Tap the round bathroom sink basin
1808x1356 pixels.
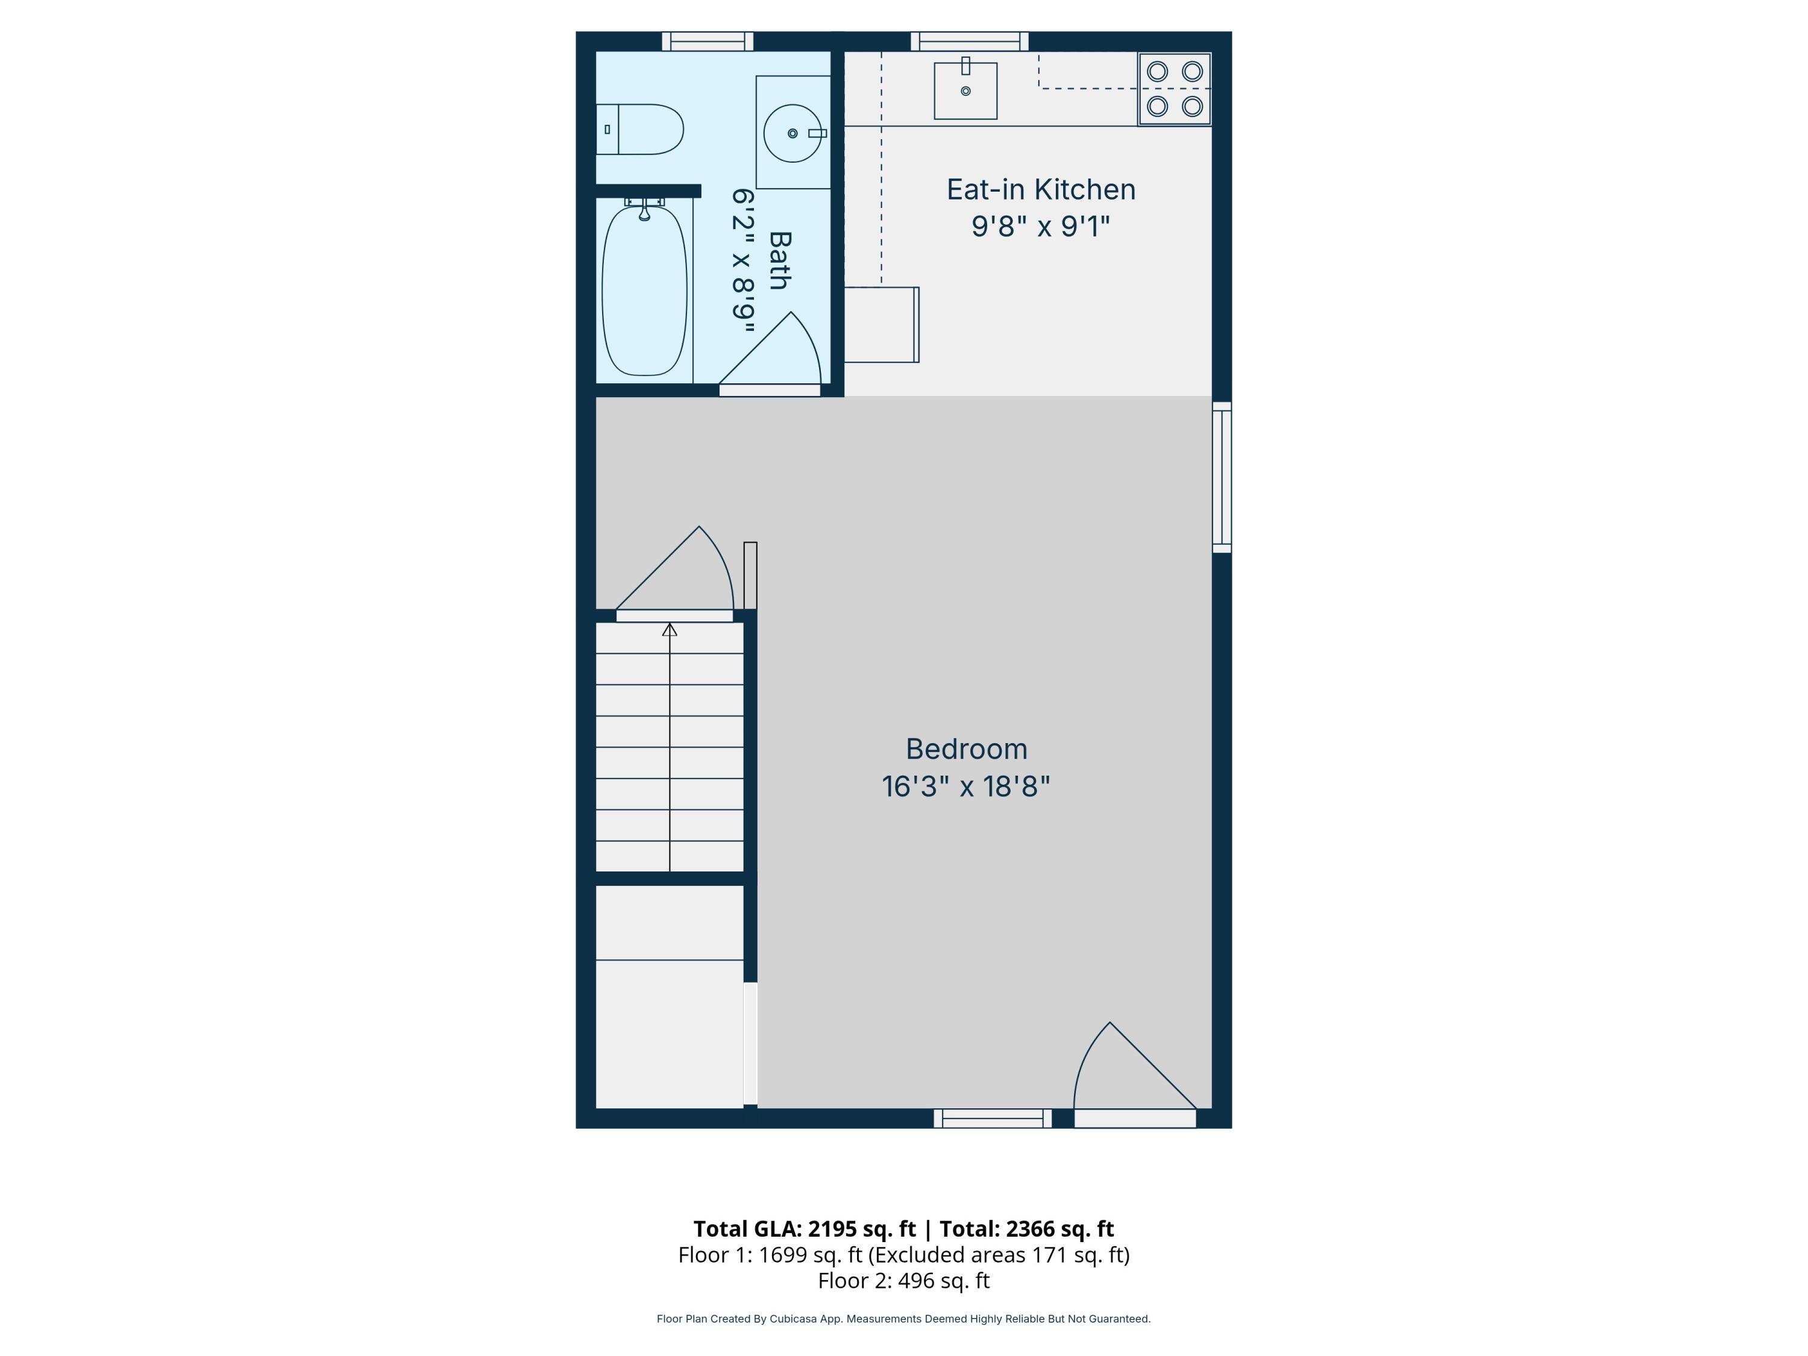tap(792, 133)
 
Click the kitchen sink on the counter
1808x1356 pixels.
tap(965, 91)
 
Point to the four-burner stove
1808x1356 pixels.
tap(1175, 89)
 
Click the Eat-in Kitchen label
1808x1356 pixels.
tap(1040, 190)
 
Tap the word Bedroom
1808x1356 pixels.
tap(965, 749)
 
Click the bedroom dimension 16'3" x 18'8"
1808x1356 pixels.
tap(965, 786)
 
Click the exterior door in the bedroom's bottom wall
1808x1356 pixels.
tap(1134, 1117)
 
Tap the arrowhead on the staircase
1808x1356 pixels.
tap(670, 629)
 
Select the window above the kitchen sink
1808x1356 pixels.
tap(969, 41)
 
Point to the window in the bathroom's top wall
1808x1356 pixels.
tap(707, 41)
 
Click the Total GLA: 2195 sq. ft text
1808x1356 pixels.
tap(805, 1228)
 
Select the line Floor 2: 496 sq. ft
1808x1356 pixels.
tap(903, 1281)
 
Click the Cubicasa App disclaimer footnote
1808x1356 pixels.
tap(903, 1319)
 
